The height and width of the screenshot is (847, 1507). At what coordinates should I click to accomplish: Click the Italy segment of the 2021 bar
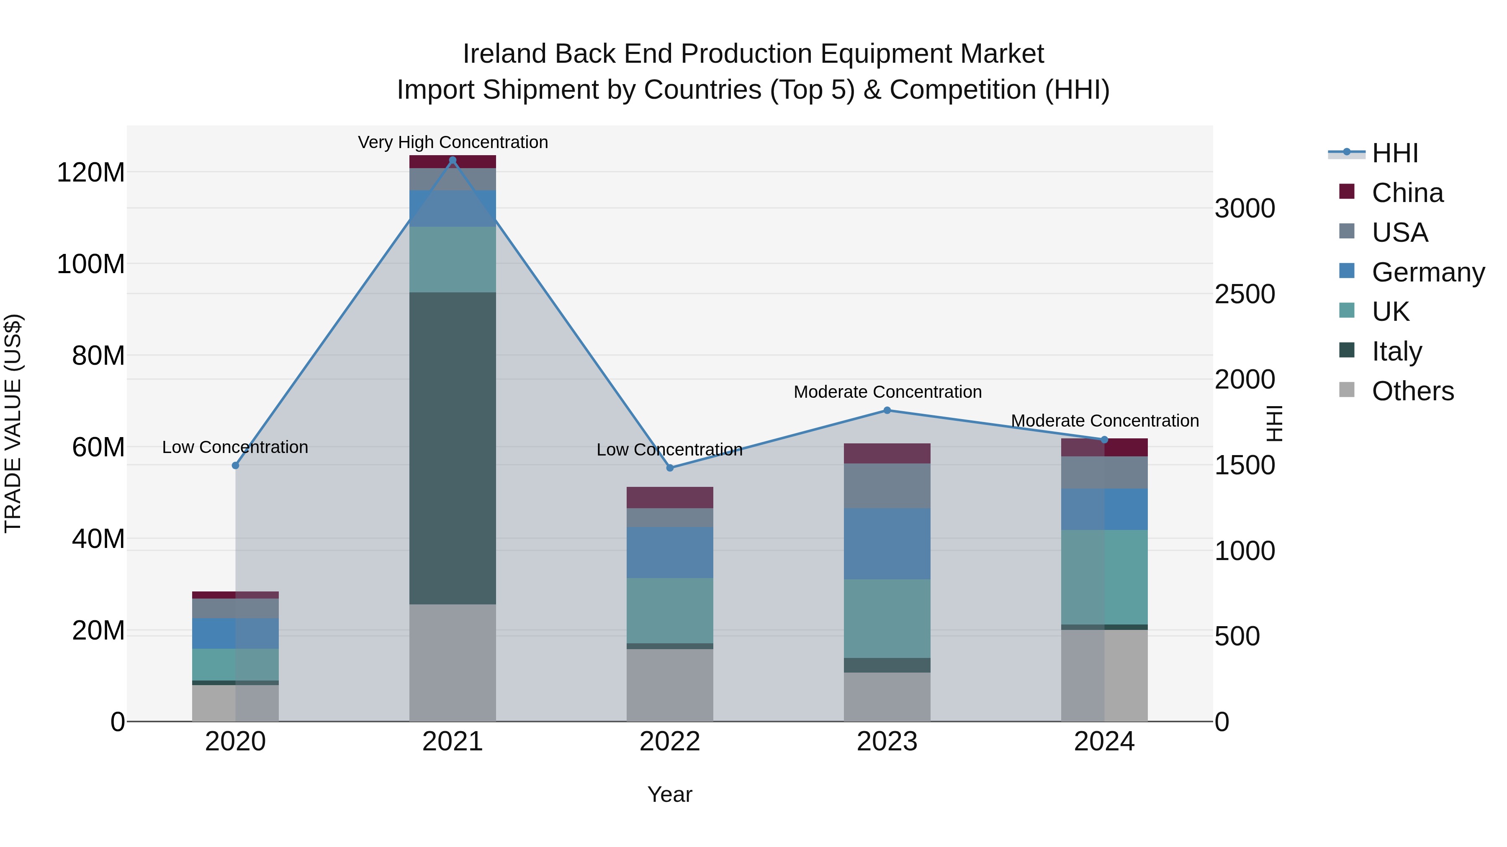(x=452, y=448)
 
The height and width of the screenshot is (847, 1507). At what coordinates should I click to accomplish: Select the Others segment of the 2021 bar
(x=452, y=662)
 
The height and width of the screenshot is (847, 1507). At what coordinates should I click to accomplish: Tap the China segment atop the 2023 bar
(x=887, y=453)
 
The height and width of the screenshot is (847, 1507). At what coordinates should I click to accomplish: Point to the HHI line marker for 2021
(x=452, y=160)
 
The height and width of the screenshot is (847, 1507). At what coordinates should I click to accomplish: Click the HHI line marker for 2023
(x=887, y=410)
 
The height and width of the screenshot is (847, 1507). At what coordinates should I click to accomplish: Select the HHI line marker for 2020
(x=235, y=465)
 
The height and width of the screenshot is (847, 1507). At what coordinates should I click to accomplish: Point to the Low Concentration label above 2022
(x=669, y=450)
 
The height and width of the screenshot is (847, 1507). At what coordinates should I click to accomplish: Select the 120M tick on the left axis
(x=91, y=172)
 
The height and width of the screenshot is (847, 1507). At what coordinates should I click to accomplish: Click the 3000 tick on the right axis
(x=1245, y=209)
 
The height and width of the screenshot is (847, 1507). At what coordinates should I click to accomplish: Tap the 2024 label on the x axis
(x=1104, y=742)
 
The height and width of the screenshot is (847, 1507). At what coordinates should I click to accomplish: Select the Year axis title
(x=669, y=794)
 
